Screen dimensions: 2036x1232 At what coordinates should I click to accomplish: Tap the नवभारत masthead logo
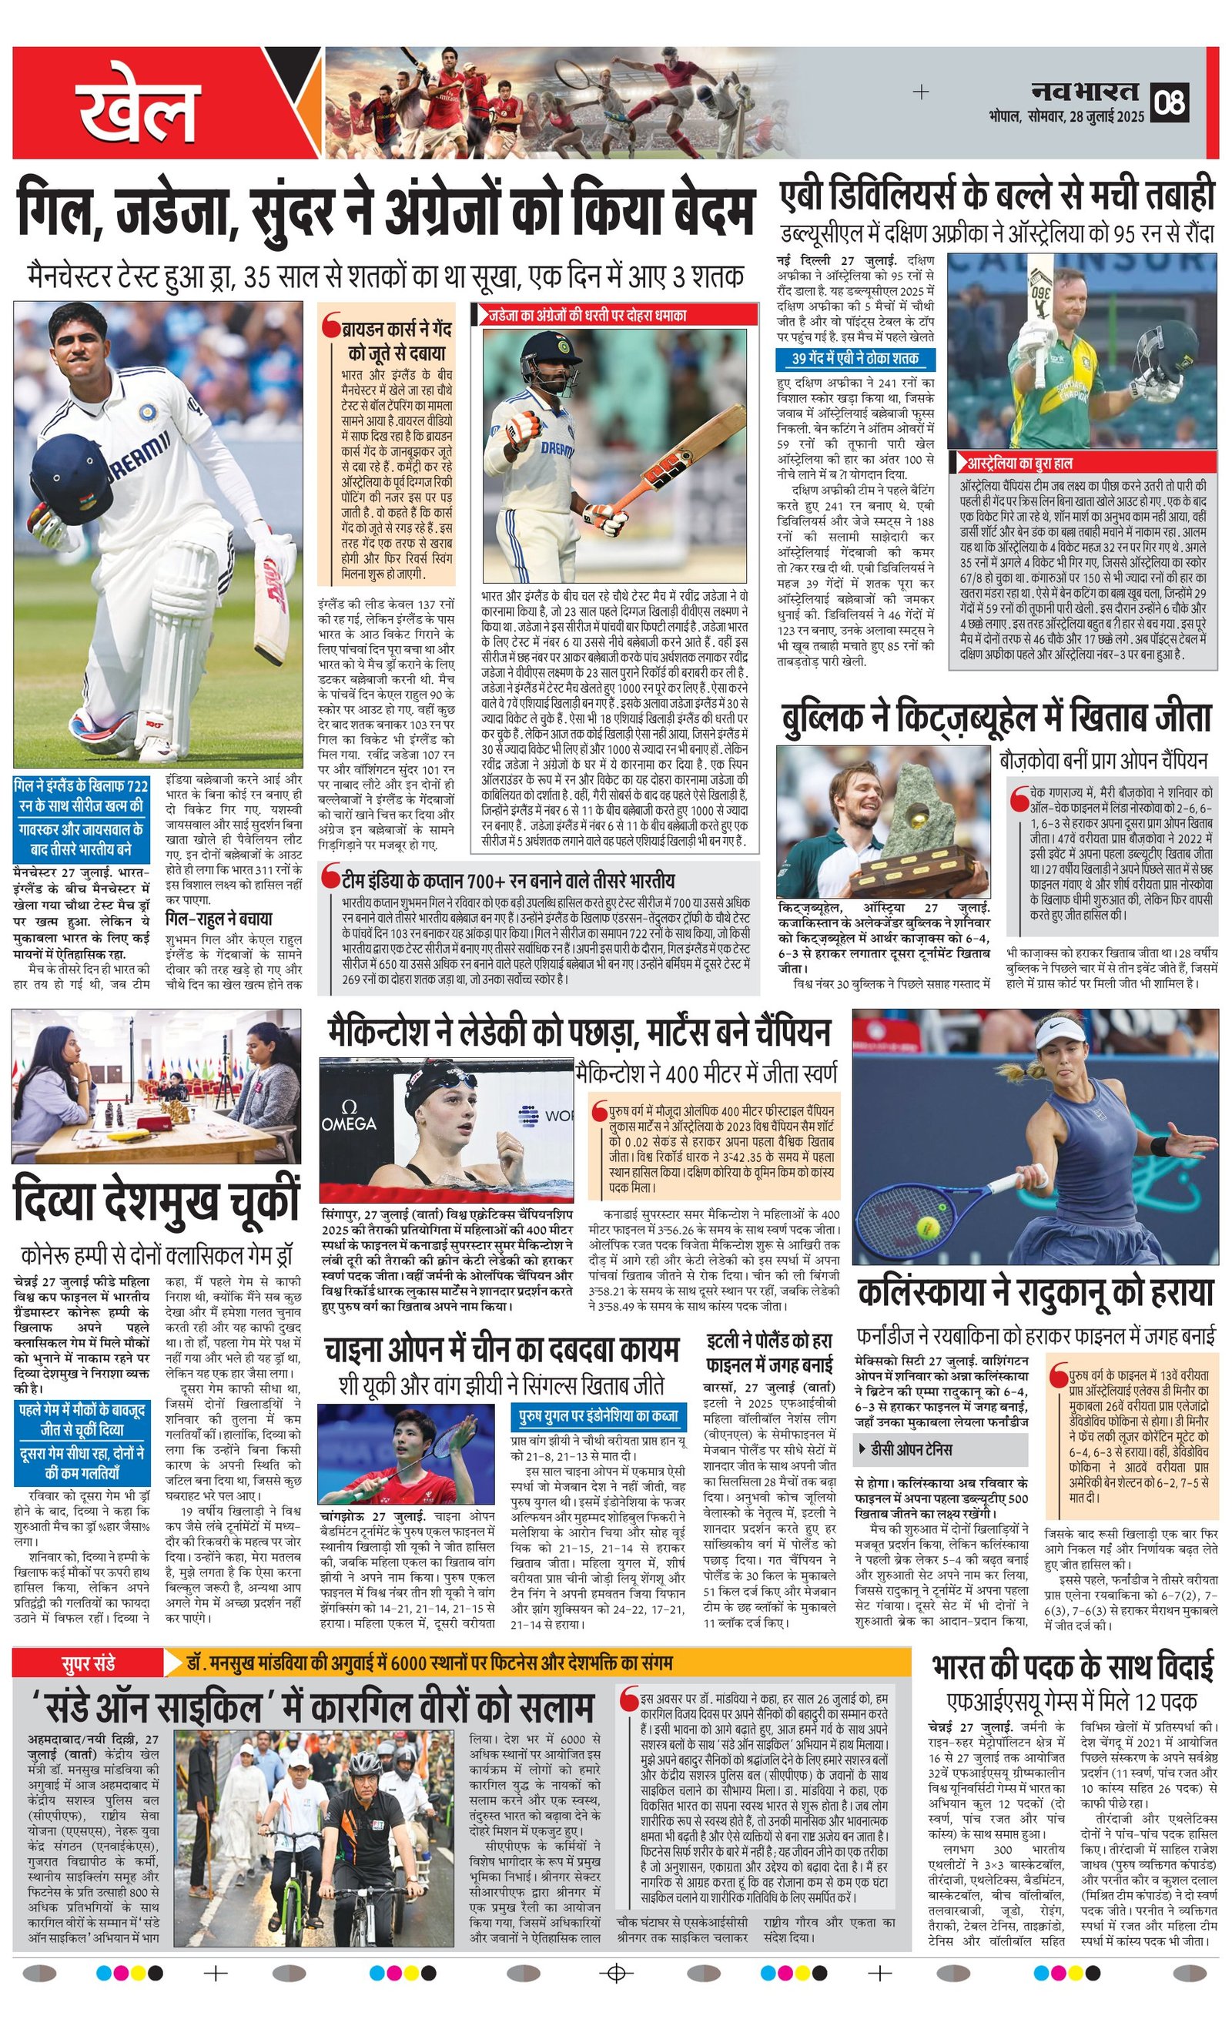coord(1085,91)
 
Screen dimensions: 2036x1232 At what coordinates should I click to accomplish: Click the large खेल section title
coord(139,107)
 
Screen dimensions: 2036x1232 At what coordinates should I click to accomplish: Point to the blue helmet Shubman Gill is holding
coord(71,480)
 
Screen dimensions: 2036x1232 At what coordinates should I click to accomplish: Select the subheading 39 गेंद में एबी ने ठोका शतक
coord(855,359)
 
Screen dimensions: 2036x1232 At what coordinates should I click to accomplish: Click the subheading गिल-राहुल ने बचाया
coord(218,919)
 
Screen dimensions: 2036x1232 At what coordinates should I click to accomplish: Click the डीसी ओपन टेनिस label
coord(917,1449)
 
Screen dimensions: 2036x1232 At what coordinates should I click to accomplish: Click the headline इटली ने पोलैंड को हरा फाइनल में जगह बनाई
coord(768,1352)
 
